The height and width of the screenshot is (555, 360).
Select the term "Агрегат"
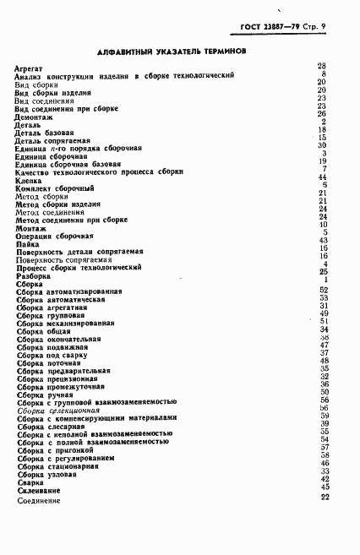tap(30, 67)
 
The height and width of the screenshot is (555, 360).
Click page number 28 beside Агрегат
tap(322, 66)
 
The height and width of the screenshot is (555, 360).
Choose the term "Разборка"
tap(33, 275)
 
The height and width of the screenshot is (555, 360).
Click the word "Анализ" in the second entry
tap(29, 75)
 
